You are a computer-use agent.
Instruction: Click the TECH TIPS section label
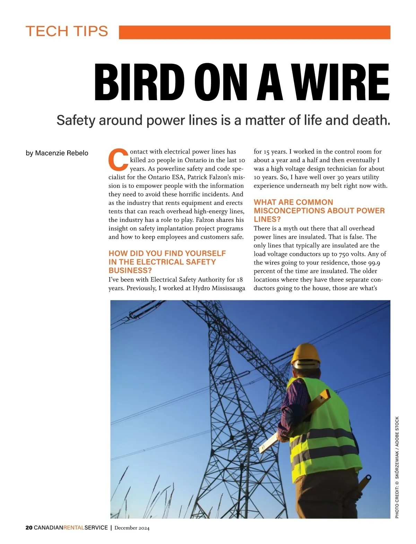pos(67,31)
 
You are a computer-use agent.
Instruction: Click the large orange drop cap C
pos(118,159)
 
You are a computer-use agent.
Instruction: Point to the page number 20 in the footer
pos(29,528)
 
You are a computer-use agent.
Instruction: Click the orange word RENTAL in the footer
pos(74,528)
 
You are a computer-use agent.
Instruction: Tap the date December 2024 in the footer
pos(132,528)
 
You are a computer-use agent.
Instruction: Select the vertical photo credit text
pos(397,467)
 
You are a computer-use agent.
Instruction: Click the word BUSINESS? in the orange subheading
pos(130,270)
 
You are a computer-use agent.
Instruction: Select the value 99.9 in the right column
pos(374,262)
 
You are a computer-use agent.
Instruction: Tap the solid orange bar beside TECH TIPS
pos(254,32)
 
